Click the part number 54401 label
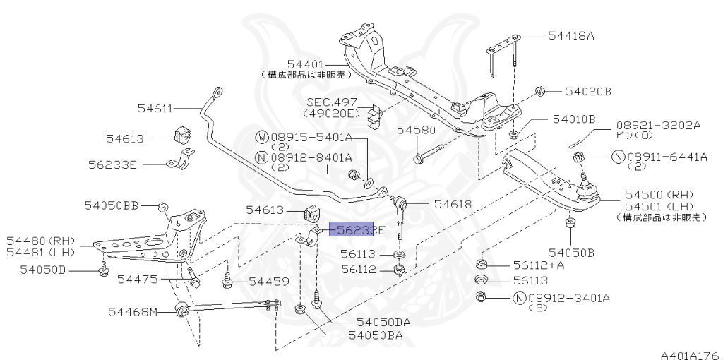(x=306, y=64)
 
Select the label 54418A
(x=571, y=35)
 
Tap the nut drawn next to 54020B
(x=538, y=91)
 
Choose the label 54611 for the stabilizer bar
(x=155, y=108)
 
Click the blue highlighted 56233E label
(x=354, y=229)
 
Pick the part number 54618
(x=453, y=204)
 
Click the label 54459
(x=268, y=282)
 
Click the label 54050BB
(x=112, y=205)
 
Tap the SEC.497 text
(x=332, y=102)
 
